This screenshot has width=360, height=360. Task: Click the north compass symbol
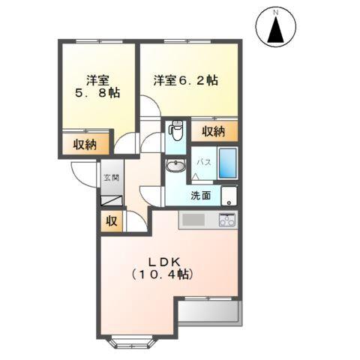(x=276, y=28)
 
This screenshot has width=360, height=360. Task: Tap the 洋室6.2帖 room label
(x=186, y=79)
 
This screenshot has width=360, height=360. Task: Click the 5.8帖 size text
(x=97, y=94)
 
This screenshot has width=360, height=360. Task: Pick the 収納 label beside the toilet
(x=214, y=131)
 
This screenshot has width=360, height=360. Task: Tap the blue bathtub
(x=228, y=163)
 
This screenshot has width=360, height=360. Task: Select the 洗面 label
(x=200, y=196)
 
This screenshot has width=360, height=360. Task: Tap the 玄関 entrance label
(x=110, y=178)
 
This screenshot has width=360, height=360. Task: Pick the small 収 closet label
(x=110, y=221)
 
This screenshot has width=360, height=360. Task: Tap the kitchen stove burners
(x=227, y=220)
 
